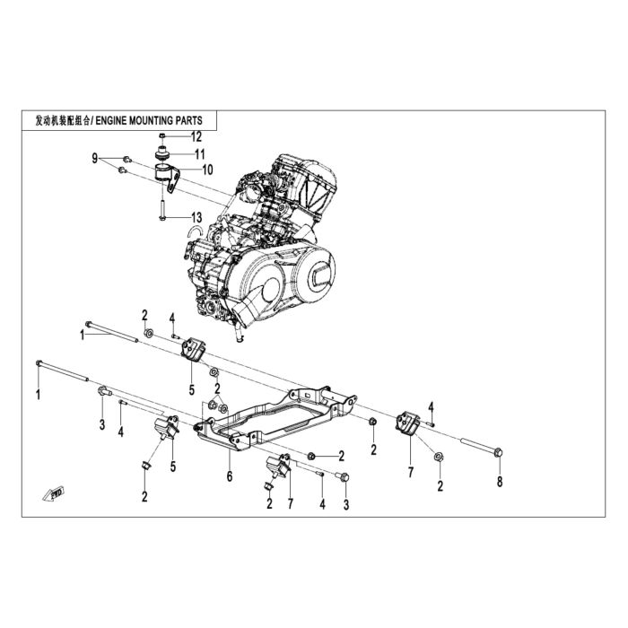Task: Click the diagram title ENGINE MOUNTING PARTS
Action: (x=148, y=120)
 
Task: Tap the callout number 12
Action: (x=196, y=137)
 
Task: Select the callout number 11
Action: (x=199, y=154)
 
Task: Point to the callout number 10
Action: (x=207, y=170)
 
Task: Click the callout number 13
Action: (x=196, y=218)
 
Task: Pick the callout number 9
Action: (x=95, y=159)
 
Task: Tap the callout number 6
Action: (x=230, y=476)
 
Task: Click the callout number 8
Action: (x=500, y=482)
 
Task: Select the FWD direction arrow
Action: (x=54, y=493)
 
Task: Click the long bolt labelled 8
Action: (x=482, y=448)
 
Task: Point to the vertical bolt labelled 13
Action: (x=161, y=210)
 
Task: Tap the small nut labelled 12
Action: (x=162, y=136)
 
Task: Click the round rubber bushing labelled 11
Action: (x=162, y=153)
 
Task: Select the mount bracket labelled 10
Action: (x=167, y=177)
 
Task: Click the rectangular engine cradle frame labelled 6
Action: (x=275, y=418)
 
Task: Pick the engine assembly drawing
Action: (x=260, y=248)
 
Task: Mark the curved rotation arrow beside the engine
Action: (x=196, y=231)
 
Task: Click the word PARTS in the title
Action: (x=188, y=120)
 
